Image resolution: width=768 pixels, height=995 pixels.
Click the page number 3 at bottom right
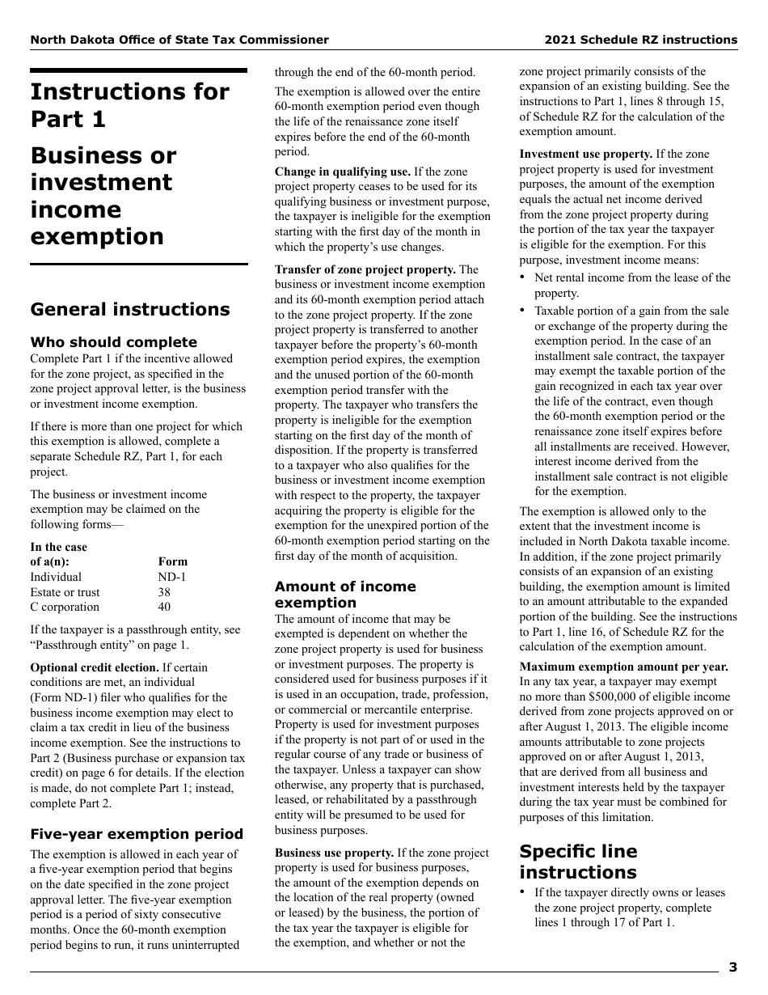(732, 967)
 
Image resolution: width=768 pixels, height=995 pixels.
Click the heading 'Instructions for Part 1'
(129, 105)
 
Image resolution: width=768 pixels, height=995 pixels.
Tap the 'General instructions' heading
(129, 310)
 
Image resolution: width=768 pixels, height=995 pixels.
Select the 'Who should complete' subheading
(113, 342)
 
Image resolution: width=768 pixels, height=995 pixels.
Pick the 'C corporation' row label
(65, 607)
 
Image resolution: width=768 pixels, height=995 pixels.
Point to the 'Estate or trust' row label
(65, 592)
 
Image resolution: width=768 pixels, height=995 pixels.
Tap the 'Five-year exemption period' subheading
(137, 834)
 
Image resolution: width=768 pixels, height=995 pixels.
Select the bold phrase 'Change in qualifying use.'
(342, 171)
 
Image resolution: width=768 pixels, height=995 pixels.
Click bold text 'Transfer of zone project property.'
(365, 269)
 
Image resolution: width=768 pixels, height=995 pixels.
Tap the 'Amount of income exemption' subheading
(345, 595)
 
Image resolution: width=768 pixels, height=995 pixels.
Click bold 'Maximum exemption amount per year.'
(623, 667)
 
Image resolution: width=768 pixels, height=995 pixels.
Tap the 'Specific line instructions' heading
(578, 862)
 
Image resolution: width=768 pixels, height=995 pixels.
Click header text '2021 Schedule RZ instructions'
(640, 40)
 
